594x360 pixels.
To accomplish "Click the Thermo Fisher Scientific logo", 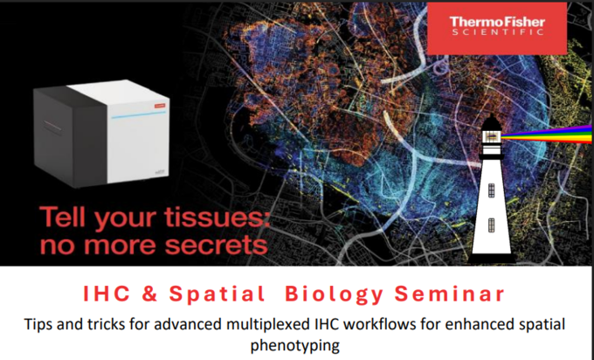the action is [x=497, y=29].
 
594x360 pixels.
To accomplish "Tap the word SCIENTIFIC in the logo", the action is [x=497, y=32].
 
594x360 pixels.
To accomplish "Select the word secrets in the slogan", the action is [x=217, y=246].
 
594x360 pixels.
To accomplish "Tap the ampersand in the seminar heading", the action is [x=150, y=294].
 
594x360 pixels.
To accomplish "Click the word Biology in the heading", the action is [x=334, y=295].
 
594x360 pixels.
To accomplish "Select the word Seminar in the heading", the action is [x=450, y=294].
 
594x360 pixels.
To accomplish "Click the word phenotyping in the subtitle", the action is [x=294, y=346].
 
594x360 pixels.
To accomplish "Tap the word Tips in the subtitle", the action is [x=37, y=324].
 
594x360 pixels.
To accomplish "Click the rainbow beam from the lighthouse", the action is [x=547, y=135].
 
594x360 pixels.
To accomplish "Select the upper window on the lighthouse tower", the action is [x=491, y=190].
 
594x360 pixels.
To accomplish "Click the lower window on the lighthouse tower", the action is [x=491, y=225].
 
